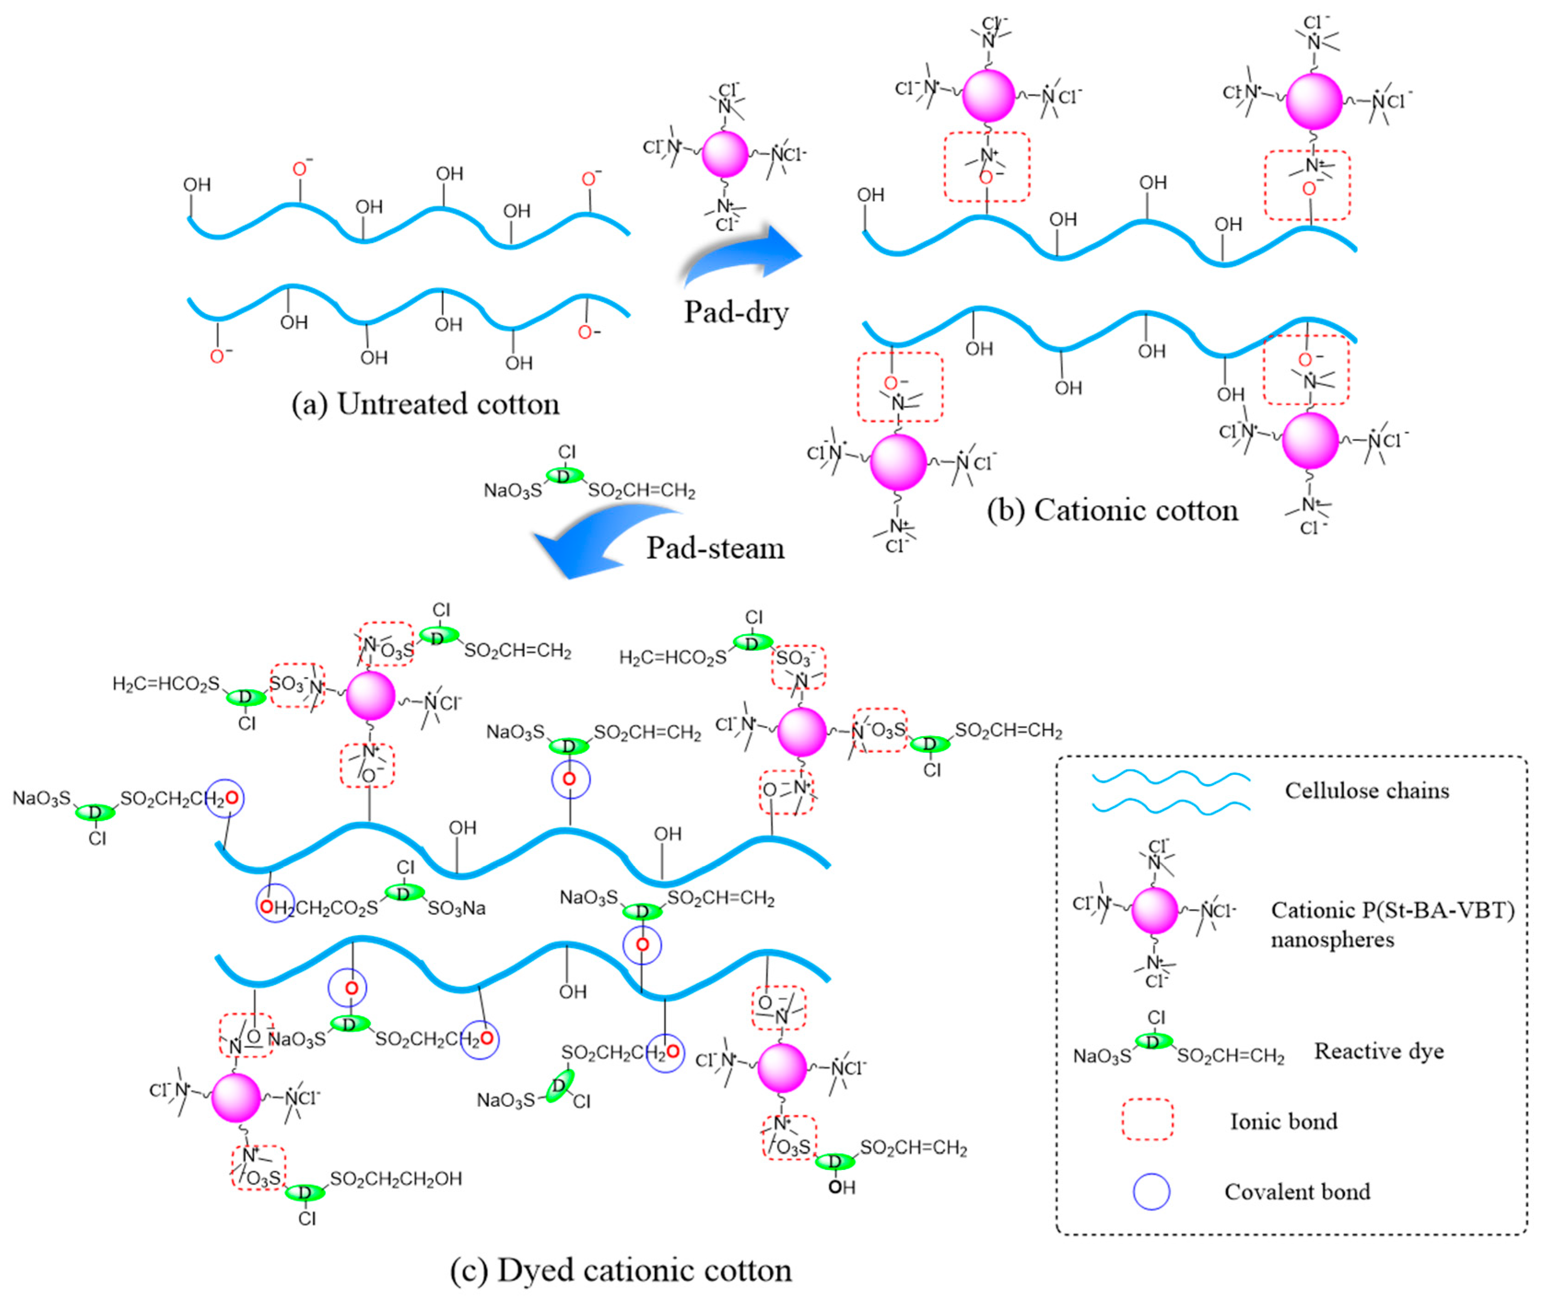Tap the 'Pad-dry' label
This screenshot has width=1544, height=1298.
tap(736, 312)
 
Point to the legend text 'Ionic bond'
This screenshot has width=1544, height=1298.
tap(1283, 1121)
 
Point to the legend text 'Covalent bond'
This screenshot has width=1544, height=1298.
tap(1297, 1192)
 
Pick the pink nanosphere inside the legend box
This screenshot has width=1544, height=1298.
tap(1154, 911)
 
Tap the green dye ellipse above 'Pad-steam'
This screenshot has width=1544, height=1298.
tap(564, 476)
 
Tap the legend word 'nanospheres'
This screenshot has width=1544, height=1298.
tap(1332, 940)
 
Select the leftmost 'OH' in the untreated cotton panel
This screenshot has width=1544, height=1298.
tap(197, 185)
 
